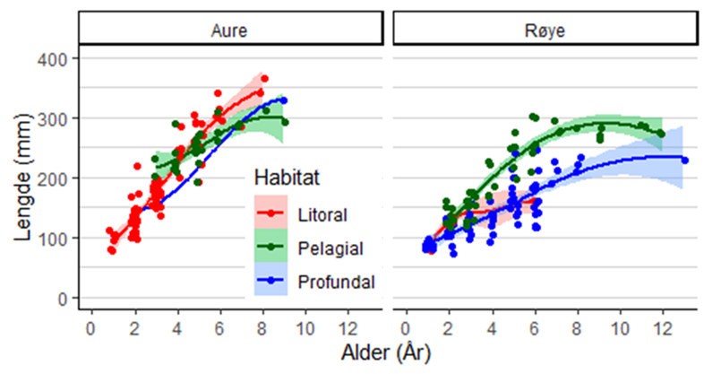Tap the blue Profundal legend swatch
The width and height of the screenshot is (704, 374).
pos(271,282)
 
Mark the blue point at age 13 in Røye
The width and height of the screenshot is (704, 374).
pos(685,160)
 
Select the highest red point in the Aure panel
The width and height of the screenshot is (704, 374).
pos(264,79)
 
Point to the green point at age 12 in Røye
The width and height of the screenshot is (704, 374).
pos(662,134)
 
